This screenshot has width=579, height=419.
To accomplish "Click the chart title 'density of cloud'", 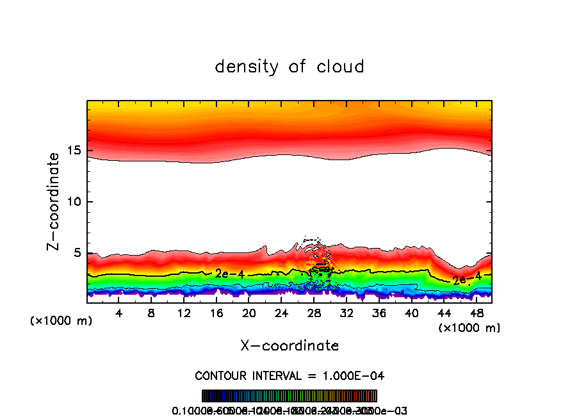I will click(x=289, y=67).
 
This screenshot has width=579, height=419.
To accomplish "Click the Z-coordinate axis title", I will click(x=54, y=201).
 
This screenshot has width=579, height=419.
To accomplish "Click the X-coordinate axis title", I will click(x=289, y=346).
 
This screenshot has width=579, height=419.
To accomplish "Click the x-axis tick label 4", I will click(x=119, y=313).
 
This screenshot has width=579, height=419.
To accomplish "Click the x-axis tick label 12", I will click(x=184, y=313).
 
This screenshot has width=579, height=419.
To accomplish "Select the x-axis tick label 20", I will click(x=249, y=313).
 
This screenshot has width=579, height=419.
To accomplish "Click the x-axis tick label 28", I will click(x=314, y=313).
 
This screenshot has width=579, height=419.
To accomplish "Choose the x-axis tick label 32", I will click(x=347, y=313).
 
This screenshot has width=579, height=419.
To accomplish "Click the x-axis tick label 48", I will click(x=476, y=313).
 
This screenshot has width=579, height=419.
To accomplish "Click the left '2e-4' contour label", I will click(x=229, y=274).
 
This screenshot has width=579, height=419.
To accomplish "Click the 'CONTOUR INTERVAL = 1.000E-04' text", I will click(x=289, y=375).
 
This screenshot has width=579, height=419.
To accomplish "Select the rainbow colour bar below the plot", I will click(x=289, y=396).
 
